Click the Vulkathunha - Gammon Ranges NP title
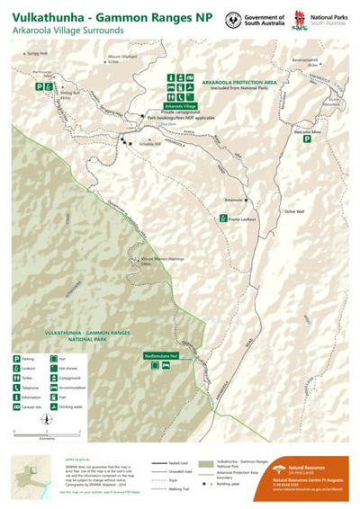click(106, 18)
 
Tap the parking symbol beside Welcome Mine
click(307, 139)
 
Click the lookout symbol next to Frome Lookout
click(222, 218)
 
